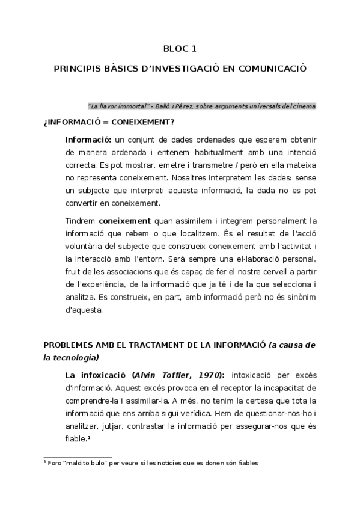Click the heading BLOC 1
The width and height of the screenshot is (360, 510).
[180, 49]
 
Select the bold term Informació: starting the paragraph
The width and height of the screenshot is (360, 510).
[87, 140]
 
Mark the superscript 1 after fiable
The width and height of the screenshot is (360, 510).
[88, 438]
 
